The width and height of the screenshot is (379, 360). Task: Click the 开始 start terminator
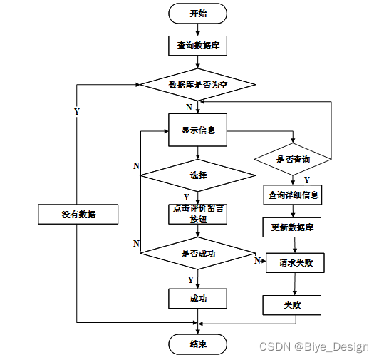pos(198,14)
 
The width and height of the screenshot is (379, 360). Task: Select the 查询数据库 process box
pos(198,46)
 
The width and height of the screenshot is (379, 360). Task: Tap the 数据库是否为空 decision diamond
pos(198,85)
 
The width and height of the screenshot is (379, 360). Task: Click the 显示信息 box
pos(198,130)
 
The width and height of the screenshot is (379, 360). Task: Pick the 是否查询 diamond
pos(293,159)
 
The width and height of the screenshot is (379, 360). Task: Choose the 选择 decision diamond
pos(198,175)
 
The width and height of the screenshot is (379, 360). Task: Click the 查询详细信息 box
pos(293,195)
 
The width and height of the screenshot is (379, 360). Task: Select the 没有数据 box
pos(78,215)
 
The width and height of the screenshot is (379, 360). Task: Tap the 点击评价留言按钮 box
pos(198,215)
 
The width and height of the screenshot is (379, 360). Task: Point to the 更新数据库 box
pos(292,227)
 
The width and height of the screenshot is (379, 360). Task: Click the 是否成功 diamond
pos(198,253)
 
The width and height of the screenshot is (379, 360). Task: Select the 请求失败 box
pos(295,263)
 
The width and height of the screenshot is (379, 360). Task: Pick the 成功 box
pos(198,299)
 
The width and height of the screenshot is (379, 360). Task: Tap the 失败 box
pos(292,305)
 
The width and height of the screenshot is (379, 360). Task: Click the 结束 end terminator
pos(198,344)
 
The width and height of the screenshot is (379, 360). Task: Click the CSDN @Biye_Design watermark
pos(314,347)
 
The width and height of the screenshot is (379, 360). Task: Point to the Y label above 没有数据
pos(77,111)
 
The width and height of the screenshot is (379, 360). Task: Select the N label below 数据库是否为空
pos(189,107)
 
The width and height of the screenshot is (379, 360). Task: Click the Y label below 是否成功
pos(191,280)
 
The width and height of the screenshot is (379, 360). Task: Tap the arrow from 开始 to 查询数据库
pos(198,30)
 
